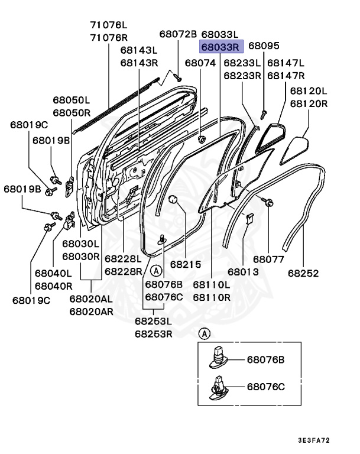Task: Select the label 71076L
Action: point(109,25)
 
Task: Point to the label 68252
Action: point(303,274)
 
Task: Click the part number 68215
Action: point(186,265)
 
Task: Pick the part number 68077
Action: point(269,259)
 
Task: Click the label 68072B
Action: point(177,35)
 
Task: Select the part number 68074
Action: point(200,63)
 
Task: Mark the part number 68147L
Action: point(286,63)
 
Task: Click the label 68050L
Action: point(71,100)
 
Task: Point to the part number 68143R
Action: point(139,63)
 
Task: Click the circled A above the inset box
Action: point(205,334)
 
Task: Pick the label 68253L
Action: point(153,321)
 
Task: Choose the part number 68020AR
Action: point(90,311)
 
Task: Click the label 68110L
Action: point(211,285)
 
